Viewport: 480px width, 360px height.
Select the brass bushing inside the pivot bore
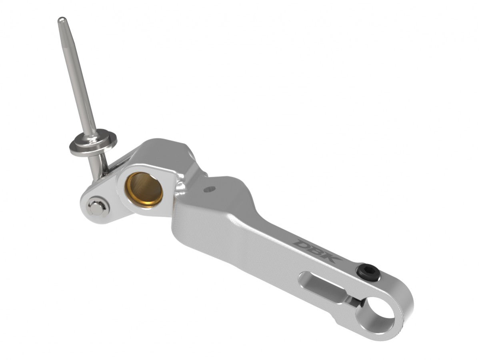[x=144, y=190]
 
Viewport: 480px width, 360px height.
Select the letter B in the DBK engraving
[x=317, y=250]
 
